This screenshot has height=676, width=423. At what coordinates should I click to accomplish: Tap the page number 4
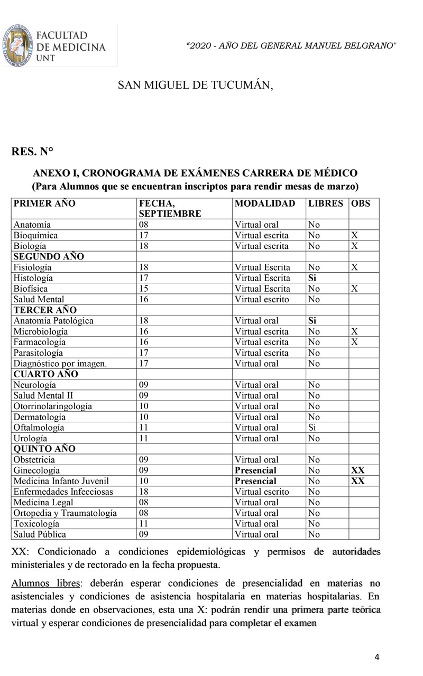coord(376,657)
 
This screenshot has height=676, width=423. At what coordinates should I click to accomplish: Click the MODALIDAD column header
coord(265,203)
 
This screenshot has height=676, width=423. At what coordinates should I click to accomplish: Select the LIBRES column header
coord(326,203)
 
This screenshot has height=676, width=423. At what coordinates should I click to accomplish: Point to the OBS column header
coord(361,203)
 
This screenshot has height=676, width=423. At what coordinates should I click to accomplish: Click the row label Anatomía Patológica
coord(53,321)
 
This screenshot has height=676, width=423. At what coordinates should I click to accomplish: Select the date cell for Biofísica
coord(143,289)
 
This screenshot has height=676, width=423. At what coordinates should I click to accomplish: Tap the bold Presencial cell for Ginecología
coord(255,470)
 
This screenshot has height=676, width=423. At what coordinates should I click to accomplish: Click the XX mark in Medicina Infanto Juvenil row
coord(358,481)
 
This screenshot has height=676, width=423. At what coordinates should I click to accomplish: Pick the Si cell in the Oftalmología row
coord(312,428)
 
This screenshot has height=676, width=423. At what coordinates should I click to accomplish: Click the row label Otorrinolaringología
coord(53,406)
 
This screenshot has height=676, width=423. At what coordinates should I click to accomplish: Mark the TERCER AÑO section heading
coord(45,310)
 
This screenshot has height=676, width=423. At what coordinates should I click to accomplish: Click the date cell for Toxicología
coord(143,524)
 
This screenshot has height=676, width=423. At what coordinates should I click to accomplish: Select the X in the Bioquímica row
coord(355,235)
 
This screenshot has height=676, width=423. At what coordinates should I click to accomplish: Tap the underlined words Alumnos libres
coord(47,584)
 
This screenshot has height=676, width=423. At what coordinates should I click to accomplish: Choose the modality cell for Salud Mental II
coord(256,395)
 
